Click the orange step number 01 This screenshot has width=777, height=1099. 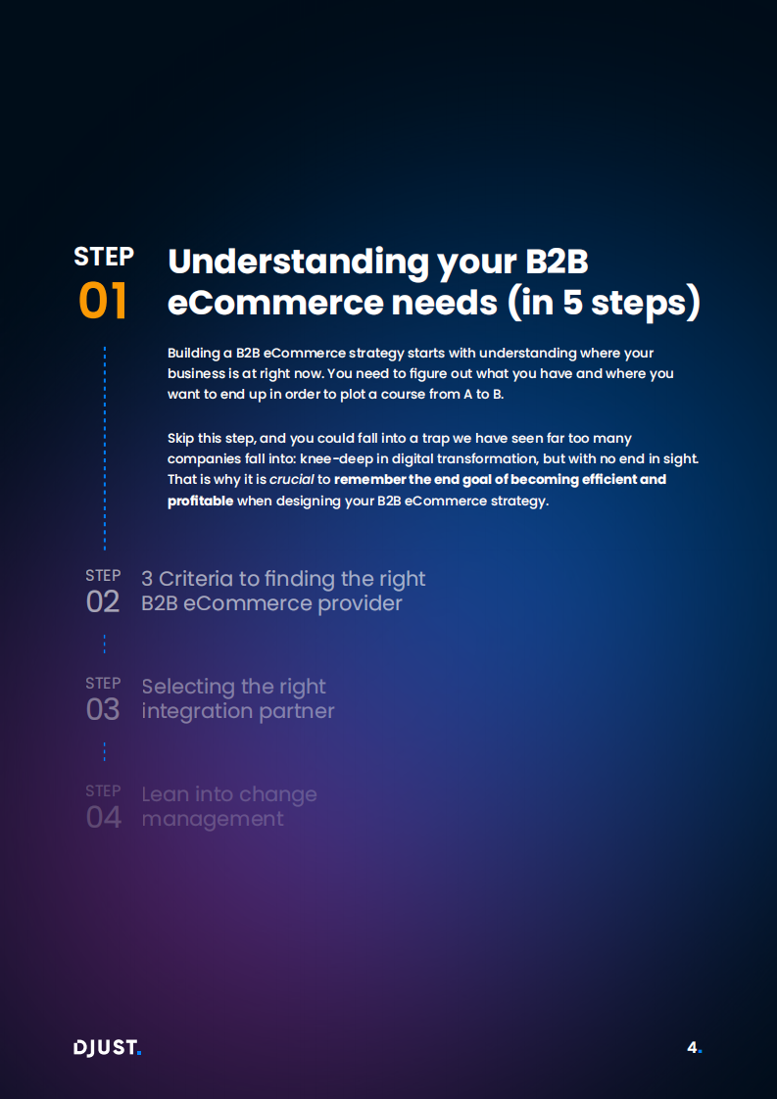point(103,302)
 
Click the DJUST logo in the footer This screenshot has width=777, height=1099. point(108,1048)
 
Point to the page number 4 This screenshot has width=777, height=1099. point(693,1047)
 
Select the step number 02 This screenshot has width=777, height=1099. point(103,601)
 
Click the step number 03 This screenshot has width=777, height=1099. point(103,709)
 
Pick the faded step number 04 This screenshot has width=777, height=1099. point(103,817)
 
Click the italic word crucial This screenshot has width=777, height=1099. point(291,480)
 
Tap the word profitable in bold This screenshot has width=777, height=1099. point(200,501)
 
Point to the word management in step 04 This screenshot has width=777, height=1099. point(213,819)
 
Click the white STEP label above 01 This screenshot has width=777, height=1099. point(104,257)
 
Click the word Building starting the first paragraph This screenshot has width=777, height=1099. point(194,352)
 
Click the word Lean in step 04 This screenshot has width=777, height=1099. point(165,794)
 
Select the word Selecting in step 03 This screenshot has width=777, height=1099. point(186,687)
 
